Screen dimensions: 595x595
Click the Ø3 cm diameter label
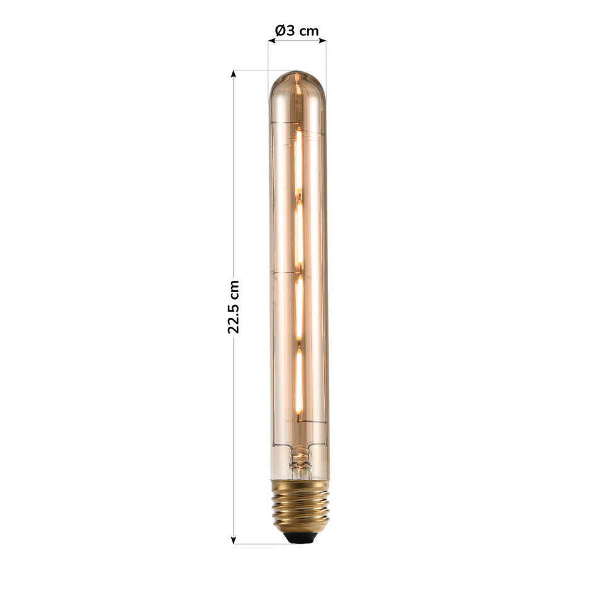pos(297,30)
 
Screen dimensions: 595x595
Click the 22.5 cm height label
pos(234,307)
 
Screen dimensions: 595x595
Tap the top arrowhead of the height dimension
pos(234,74)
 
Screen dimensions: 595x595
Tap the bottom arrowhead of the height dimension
pos(234,540)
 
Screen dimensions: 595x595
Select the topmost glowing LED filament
pos(298,161)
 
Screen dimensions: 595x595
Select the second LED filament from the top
pos(300,233)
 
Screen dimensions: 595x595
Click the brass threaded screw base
pos(300,507)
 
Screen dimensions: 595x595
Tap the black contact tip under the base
pos(300,538)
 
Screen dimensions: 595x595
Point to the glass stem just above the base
pos(300,463)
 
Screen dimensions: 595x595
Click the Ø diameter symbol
pos(280,30)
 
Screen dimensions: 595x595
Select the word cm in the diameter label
pos(309,30)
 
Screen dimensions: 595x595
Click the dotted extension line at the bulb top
pos(258,70)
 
